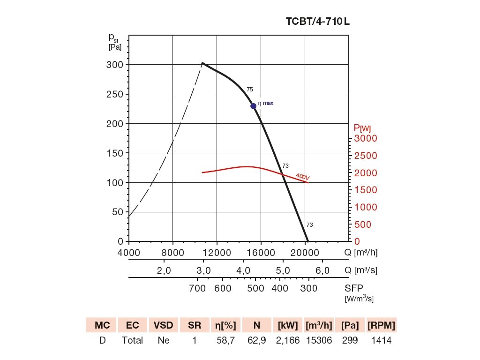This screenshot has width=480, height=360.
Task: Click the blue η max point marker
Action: (253, 106)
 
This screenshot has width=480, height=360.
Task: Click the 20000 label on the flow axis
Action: (305, 253)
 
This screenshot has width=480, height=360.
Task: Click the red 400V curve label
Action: (303, 177)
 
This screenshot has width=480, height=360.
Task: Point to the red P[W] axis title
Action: (362, 127)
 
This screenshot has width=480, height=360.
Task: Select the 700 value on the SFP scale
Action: (198, 288)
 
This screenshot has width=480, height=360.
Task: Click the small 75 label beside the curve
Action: (250, 90)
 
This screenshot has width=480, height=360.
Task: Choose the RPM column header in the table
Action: (381, 325)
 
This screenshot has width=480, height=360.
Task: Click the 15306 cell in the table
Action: (319, 341)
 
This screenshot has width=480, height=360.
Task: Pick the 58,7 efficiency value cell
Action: (225, 341)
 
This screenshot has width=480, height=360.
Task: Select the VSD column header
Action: (164, 325)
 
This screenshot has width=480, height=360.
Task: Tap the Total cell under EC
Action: (132, 341)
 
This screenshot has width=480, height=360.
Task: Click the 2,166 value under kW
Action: (288, 341)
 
